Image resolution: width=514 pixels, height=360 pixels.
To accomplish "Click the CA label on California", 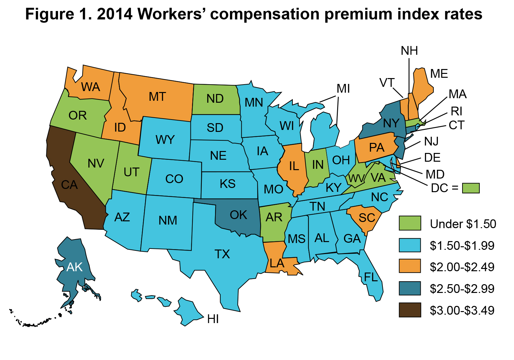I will pyautogui.click(x=69, y=185).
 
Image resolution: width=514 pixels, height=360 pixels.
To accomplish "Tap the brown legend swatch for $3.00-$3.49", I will pyautogui.click(x=410, y=310).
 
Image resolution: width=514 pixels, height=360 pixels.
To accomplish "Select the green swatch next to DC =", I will pyautogui.click(x=471, y=188).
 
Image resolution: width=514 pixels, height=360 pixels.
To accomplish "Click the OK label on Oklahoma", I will pyautogui.click(x=238, y=215).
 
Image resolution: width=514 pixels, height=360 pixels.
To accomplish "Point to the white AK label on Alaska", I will pyautogui.click(x=74, y=267).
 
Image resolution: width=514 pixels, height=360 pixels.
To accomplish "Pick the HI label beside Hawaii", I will pyautogui.click(x=213, y=319).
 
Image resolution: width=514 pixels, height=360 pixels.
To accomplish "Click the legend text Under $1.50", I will pyautogui.click(x=463, y=224).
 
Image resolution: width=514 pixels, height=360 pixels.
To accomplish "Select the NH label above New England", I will pyautogui.click(x=409, y=51).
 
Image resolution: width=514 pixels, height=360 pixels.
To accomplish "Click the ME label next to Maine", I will pyautogui.click(x=439, y=74).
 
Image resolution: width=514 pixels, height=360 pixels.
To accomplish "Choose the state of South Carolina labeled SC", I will pyautogui.click(x=366, y=218).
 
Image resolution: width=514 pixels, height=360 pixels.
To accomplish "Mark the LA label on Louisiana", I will pyautogui.click(x=277, y=263).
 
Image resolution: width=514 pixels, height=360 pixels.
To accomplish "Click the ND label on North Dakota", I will pyautogui.click(x=215, y=99).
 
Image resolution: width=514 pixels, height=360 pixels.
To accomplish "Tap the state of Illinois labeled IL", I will pyautogui.click(x=294, y=166).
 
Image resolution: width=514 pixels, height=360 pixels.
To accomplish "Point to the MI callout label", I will pyautogui.click(x=343, y=88).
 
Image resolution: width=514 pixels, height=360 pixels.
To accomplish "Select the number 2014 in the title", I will pyautogui.click(x=115, y=14).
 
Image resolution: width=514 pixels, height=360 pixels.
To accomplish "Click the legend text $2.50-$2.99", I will pyautogui.click(x=462, y=289).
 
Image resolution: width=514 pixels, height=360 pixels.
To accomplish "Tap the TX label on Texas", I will pyautogui.click(x=222, y=254).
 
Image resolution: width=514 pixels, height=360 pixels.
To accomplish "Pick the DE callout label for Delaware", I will pyautogui.click(x=432, y=158).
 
